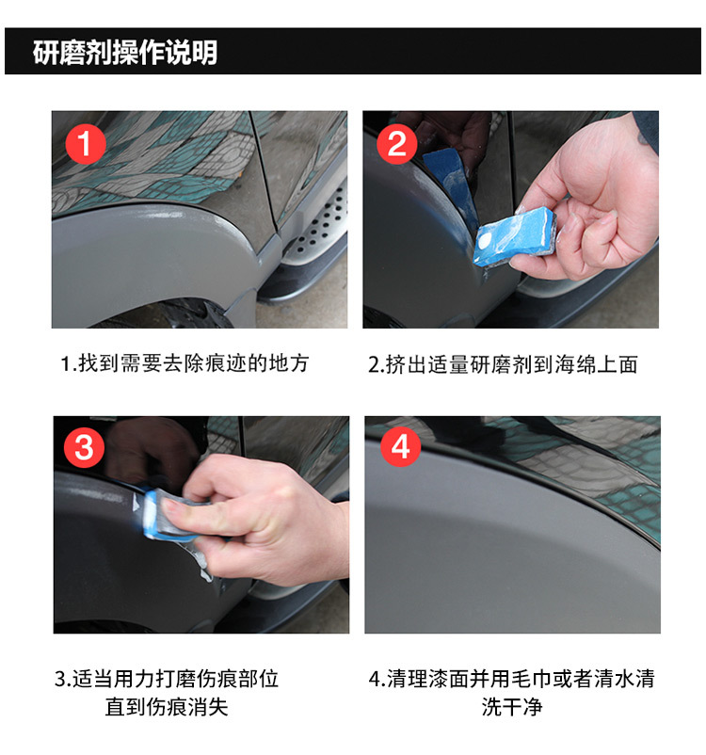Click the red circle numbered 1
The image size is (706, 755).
pyautogui.click(x=86, y=144)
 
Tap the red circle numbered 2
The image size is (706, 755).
pyautogui.click(x=396, y=144)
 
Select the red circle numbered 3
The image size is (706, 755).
pyautogui.click(x=85, y=448)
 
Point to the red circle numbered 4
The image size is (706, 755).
pyautogui.click(x=401, y=447)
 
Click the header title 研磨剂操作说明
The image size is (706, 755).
pyautogui.click(x=125, y=52)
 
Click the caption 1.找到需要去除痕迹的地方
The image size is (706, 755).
pyautogui.click(x=185, y=363)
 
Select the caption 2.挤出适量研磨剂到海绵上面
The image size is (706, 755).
pyautogui.click(x=503, y=364)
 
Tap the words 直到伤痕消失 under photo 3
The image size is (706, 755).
pyautogui.click(x=167, y=707)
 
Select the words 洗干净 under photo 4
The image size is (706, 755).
pyautogui.click(x=512, y=707)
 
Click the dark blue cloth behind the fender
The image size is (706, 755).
pyautogui.click(x=449, y=179)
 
